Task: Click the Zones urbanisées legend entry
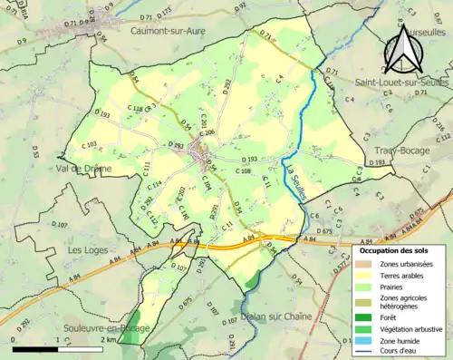pos(407,263)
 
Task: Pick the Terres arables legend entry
pos(403,276)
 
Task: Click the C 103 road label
pos(89,145)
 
